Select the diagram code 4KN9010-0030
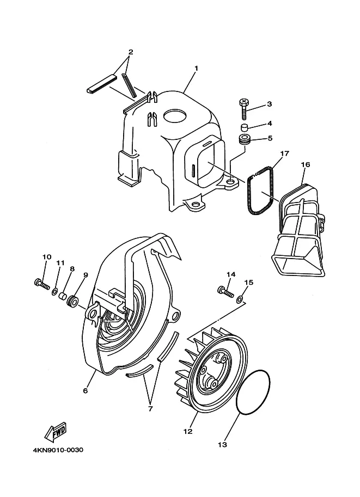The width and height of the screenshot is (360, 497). [x=58, y=450]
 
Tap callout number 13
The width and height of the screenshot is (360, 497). [x=222, y=445]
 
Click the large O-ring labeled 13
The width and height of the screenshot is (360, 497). [x=253, y=392]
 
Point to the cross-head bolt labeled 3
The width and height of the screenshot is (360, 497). [x=244, y=109]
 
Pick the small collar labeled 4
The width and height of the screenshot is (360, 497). [x=243, y=128]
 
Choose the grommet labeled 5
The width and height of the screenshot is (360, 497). [x=244, y=140]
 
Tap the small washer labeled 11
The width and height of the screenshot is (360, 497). [x=54, y=291]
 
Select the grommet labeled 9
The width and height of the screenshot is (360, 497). [x=72, y=301]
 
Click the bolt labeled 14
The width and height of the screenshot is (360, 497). [x=225, y=291]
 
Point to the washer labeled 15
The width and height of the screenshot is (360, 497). [x=240, y=298]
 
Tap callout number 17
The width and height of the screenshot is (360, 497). [x=284, y=154]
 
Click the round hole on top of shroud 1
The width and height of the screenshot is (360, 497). [x=174, y=116]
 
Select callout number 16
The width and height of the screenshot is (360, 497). [x=306, y=164]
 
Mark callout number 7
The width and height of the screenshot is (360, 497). [x=150, y=409]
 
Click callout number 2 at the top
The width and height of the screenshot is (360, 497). [x=130, y=52]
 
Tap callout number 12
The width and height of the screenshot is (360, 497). [x=188, y=431]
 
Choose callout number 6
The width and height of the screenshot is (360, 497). [x=86, y=391]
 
